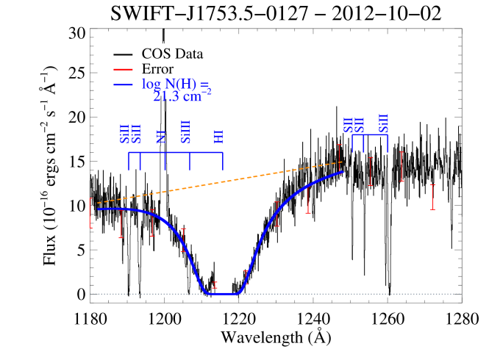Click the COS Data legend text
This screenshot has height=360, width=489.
point(172,54)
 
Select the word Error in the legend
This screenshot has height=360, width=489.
point(157,69)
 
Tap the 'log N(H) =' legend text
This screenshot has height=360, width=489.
point(175,84)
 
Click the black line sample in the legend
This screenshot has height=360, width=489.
point(123,54)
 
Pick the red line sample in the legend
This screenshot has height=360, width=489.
point(123,69)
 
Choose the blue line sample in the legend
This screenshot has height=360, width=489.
point(123,84)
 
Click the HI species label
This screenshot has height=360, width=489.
point(218,136)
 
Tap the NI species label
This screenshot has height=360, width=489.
point(162,136)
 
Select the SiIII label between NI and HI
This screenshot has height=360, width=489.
point(186,132)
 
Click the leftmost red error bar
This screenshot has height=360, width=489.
point(90,213)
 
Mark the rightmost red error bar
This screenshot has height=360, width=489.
point(432,197)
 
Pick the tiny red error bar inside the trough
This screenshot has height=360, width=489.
point(215,285)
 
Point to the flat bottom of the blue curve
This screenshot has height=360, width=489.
point(223,294)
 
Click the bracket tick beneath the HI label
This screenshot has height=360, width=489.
point(222,161)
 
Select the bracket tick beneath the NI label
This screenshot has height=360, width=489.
point(165,161)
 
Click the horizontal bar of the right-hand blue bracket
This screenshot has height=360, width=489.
point(370,135)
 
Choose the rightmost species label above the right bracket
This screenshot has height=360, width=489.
point(383,123)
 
